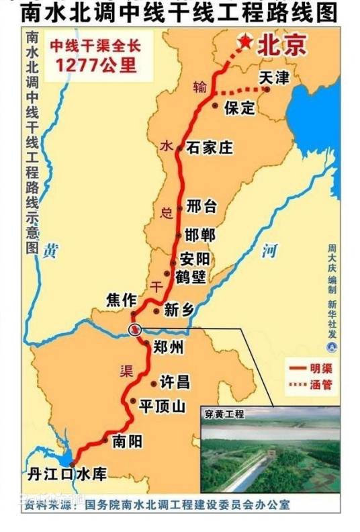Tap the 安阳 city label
click(x=195, y=259)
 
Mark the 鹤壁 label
click(x=191, y=276)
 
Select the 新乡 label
click(x=179, y=310)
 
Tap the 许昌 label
click(x=175, y=382)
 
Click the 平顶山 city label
click(x=161, y=407)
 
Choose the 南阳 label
click(x=128, y=441)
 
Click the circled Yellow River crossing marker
click(x=135, y=328)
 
